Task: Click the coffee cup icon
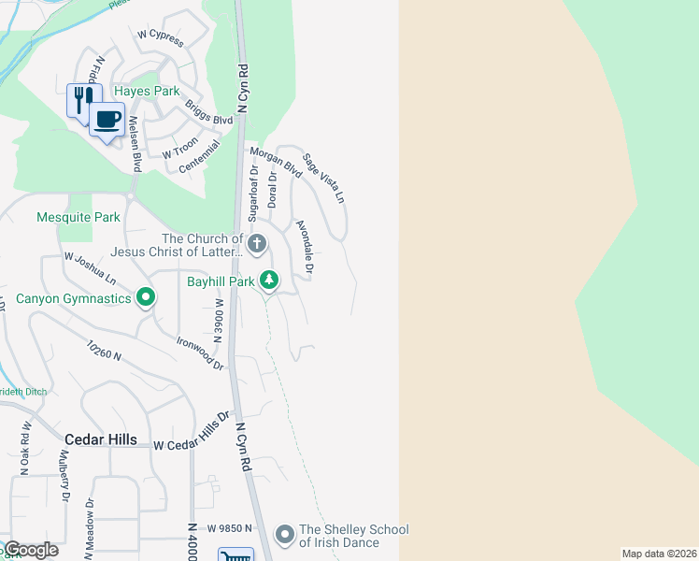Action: point(107,121)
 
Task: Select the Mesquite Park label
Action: point(78,218)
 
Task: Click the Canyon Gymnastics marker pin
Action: point(145,298)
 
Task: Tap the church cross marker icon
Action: point(256,244)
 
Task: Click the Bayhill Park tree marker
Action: point(269,280)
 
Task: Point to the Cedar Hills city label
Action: point(101,439)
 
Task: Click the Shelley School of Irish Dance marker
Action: point(285,535)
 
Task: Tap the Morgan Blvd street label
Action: point(276,162)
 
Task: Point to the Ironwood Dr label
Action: point(200,352)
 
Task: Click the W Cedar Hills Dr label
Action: point(192,430)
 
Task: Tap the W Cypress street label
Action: point(160,37)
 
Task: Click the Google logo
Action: point(31,550)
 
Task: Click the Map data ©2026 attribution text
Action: point(659,554)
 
